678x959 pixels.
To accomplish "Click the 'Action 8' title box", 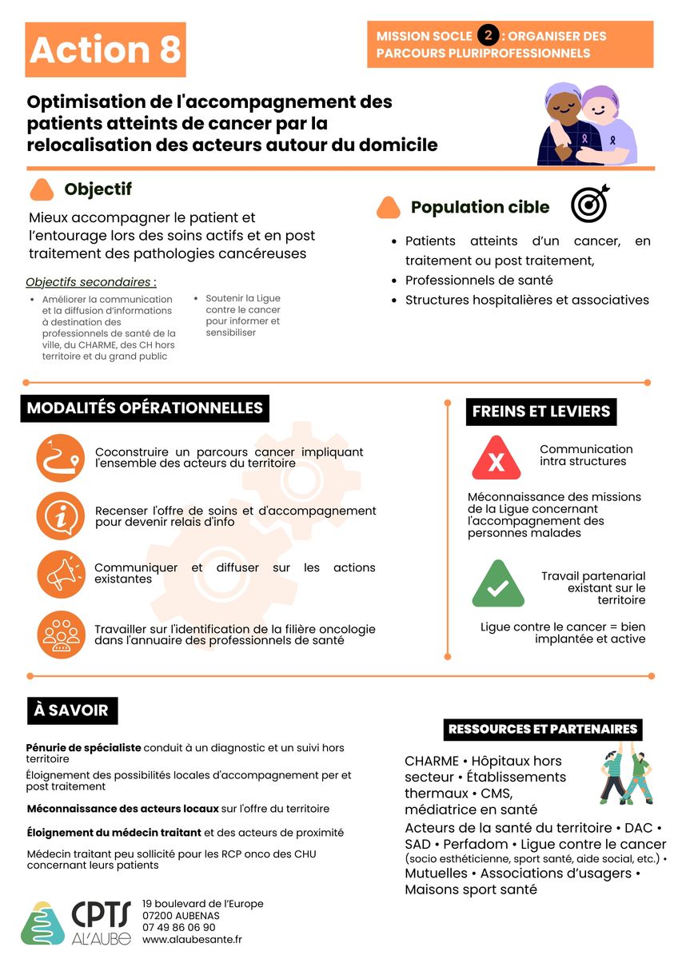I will pyautogui.click(x=106, y=50).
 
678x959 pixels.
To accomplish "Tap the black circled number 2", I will pyautogui.click(x=488, y=35).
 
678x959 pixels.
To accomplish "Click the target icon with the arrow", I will pyautogui.click(x=590, y=204).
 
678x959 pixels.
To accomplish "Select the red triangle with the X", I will pyautogui.click(x=497, y=460).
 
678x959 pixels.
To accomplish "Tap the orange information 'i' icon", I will pyautogui.click(x=61, y=516).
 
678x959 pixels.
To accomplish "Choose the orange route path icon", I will pyautogui.click(x=61, y=458).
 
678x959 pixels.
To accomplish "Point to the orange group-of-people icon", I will pyautogui.click(x=61, y=634).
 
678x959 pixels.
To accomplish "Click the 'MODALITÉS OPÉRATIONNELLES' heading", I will pyautogui.click(x=145, y=408).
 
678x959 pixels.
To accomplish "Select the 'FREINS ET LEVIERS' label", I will pyautogui.click(x=541, y=412).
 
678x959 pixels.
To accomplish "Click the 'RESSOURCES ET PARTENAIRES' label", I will pyautogui.click(x=543, y=729).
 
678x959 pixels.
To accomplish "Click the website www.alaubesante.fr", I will pyautogui.click(x=192, y=940).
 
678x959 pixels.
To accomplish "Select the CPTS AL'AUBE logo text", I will pyautogui.click(x=102, y=922).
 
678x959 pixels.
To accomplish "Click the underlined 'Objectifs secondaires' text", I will pyautogui.click(x=90, y=282).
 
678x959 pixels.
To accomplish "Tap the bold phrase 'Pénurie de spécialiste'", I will pyautogui.click(x=83, y=748).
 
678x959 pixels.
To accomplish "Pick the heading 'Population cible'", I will pyautogui.click(x=480, y=207).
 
